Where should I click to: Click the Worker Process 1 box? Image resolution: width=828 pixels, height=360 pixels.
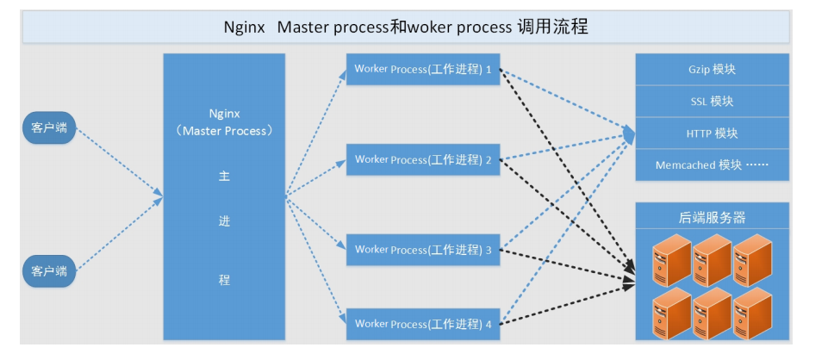[x=423, y=69]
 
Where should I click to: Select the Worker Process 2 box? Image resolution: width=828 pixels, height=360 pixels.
[x=423, y=159]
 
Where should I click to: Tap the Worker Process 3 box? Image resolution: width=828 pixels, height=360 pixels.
[x=423, y=250]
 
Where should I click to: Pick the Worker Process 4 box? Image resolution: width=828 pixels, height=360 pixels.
[x=423, y=324]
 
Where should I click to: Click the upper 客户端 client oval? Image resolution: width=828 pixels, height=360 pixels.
[x=49, y=127]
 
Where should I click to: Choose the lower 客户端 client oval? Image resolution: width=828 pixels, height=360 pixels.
[x=49, y=271]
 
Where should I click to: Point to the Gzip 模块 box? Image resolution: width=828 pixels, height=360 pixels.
[x=713, y=69]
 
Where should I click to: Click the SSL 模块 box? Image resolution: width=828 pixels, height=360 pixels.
[x=713, y=102]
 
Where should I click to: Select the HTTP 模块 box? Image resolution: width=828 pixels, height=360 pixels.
[x=713, y=133]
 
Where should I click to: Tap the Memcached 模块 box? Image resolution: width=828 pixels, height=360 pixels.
[x=713, y=165]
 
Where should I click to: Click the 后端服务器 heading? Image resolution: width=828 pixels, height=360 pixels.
[x=712, y=217]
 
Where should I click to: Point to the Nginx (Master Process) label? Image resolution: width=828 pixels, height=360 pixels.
[x=224, y=122]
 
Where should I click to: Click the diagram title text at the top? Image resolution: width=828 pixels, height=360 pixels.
[x=406, y=28]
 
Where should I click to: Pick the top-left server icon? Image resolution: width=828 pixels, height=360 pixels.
[x=672, y=260]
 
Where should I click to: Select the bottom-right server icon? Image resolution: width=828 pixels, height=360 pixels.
[x=752, y=313]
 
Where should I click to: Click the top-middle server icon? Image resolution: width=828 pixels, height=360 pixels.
[x=713, y=260]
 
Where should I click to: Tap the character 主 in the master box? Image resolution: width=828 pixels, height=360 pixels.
[x=224, y=177]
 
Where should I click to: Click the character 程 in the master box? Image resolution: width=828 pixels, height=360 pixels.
[x=224, y=280]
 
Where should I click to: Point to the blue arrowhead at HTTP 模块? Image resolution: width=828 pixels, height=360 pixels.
[x=630, y=134]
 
